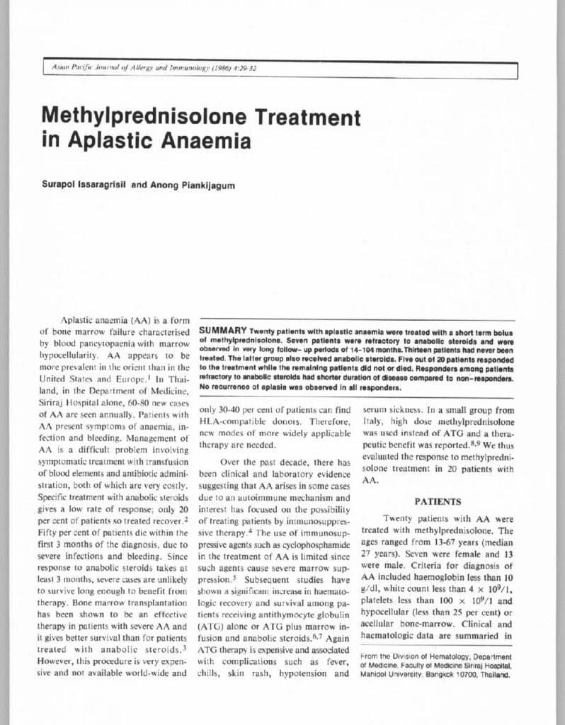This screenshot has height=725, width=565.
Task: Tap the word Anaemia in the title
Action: [209, 139]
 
